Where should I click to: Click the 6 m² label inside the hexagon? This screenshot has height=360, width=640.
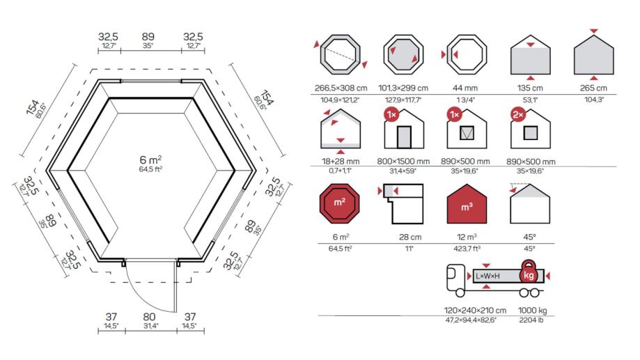(x=150, y=159)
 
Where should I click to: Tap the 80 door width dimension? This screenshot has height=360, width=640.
(x=149, y=317)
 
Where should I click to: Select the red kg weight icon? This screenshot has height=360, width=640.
(x=529, y=272)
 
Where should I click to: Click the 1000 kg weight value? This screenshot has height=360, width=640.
(x=532, y=310)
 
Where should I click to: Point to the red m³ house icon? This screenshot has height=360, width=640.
(x=467, y=203)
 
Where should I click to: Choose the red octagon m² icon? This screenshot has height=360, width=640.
(x=340, y=203)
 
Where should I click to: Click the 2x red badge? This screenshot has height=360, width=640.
(x=518, y=115)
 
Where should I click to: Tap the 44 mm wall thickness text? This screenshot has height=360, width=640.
(x=465, y=88)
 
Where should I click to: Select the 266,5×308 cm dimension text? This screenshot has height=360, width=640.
(x=341, y=88)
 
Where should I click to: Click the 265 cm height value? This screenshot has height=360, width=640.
(x=593, y=88)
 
